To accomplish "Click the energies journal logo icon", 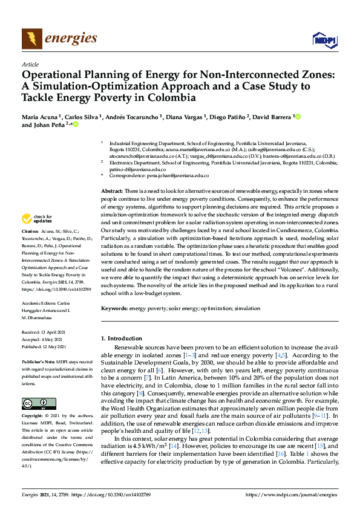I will (x=31, y=39).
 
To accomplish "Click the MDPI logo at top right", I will (x=324, y=40).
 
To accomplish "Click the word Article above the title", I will (x=30, y=64).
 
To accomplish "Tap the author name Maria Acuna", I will (x=41, y=116).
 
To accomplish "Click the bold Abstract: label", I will (x=113, y=190).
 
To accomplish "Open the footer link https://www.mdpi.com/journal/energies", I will (x=291, y=494).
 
